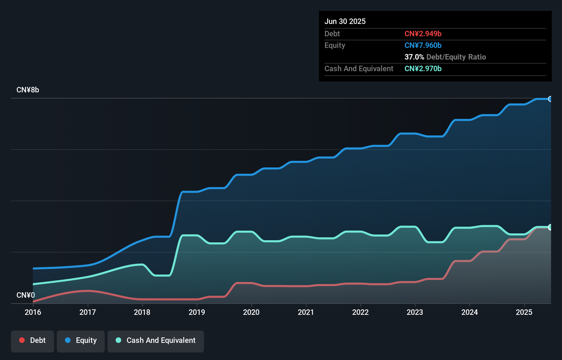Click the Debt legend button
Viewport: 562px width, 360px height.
point(33,340)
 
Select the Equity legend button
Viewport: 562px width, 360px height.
point(81,340)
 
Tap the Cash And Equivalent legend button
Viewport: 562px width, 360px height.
point(156,340)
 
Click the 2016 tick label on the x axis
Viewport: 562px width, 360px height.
point(33,312)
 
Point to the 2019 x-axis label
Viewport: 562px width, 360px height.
point(197,312)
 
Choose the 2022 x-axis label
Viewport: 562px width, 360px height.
point(360,312)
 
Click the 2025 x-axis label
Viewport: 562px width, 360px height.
point(524,312)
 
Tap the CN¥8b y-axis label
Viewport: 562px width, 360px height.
point(28,90)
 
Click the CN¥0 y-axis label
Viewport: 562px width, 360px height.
point(26,295)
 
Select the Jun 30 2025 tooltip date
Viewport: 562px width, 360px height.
point(345,21)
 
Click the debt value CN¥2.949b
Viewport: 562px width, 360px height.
point(423,34)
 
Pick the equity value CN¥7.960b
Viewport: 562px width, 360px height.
point(423,45)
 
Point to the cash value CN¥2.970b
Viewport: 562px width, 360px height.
point(423,68)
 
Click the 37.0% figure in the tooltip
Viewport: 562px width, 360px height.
point(414,57)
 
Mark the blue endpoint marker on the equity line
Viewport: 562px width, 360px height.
point(550,99)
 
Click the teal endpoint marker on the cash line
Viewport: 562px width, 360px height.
point(550,227)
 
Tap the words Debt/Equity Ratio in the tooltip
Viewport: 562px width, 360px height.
point(456,57)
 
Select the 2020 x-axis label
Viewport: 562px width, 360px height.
point(251,312)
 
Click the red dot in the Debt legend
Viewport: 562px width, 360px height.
point(22,340)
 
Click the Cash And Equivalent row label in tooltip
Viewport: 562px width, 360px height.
point(359,68)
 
